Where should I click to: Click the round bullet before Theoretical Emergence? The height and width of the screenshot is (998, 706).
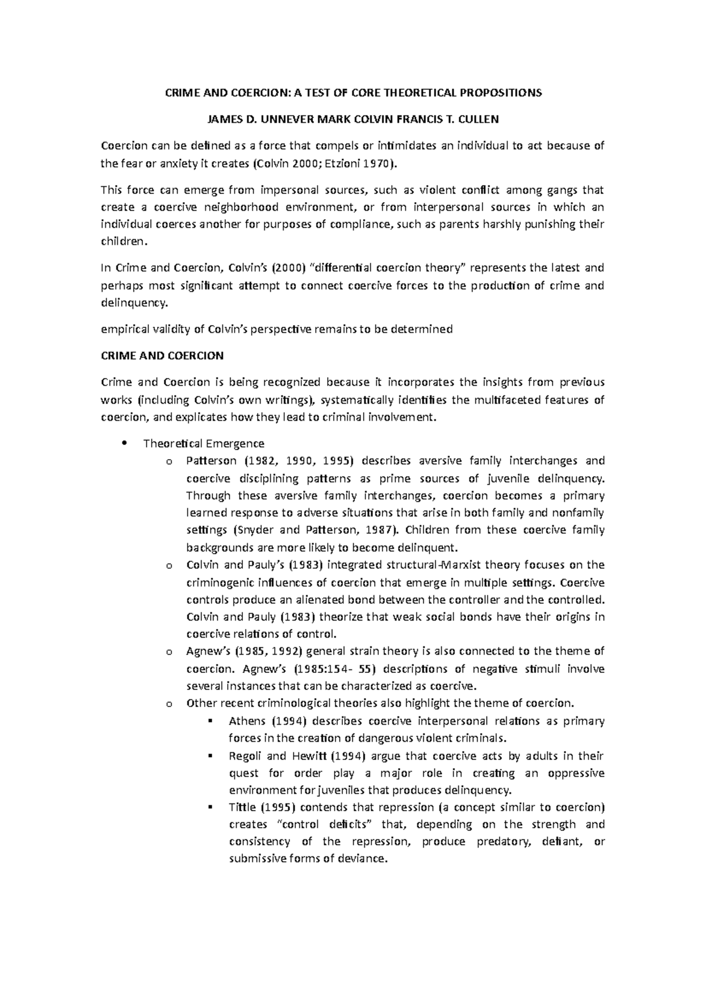(x=124, y=444)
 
